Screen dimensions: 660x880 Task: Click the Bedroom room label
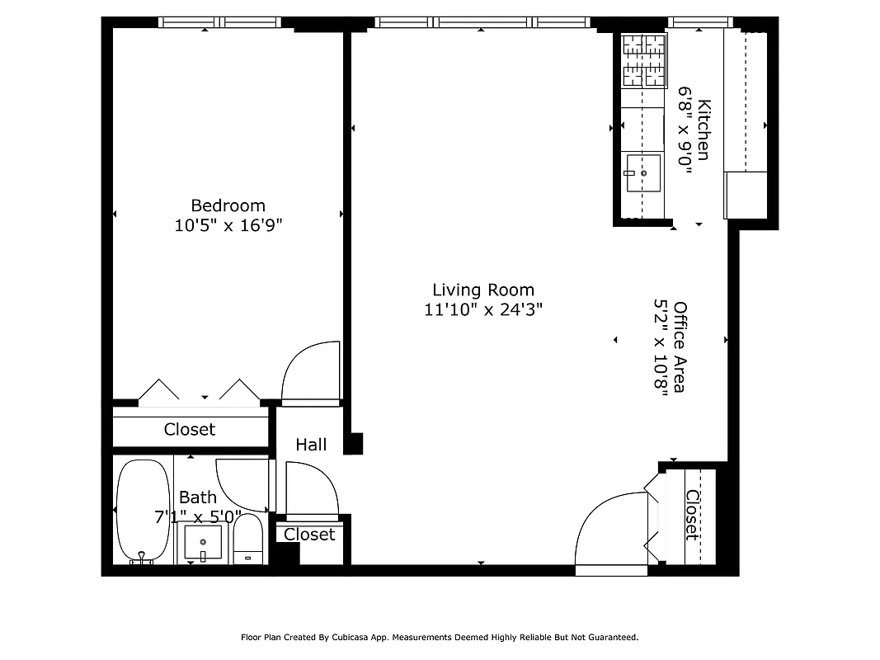(x=228, y=205)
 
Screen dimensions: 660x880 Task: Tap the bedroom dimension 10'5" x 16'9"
(x=228, y=226)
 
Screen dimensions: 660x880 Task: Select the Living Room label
(x=483, y=290)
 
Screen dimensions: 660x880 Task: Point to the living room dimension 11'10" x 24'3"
(x=483, y=310)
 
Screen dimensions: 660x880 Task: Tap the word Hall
(x=311, y=445)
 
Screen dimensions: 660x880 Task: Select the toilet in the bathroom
(x=247, y=540)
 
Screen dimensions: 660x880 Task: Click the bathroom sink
(x=203, y=543)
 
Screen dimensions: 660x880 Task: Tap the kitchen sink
(x=642, y=172)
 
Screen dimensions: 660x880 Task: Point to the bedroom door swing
(x=311, y=372)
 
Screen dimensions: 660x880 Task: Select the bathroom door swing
(x=243, y=483)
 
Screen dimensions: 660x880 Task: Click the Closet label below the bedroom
(x=190, y=429)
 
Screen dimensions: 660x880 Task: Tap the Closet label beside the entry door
(x=692, y=516)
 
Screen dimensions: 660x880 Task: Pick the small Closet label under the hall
(x=309, y=535)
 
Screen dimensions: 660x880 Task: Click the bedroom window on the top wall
(x=224, y=23)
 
